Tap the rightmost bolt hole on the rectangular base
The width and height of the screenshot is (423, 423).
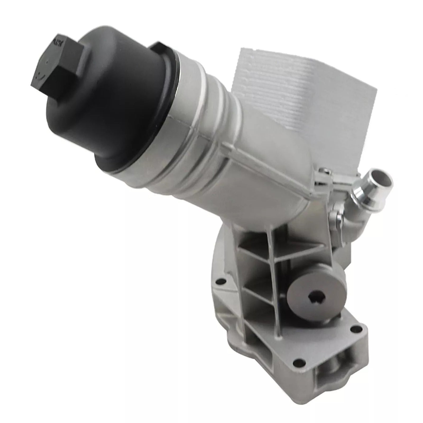pyautogui.click(x=352, y=330)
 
